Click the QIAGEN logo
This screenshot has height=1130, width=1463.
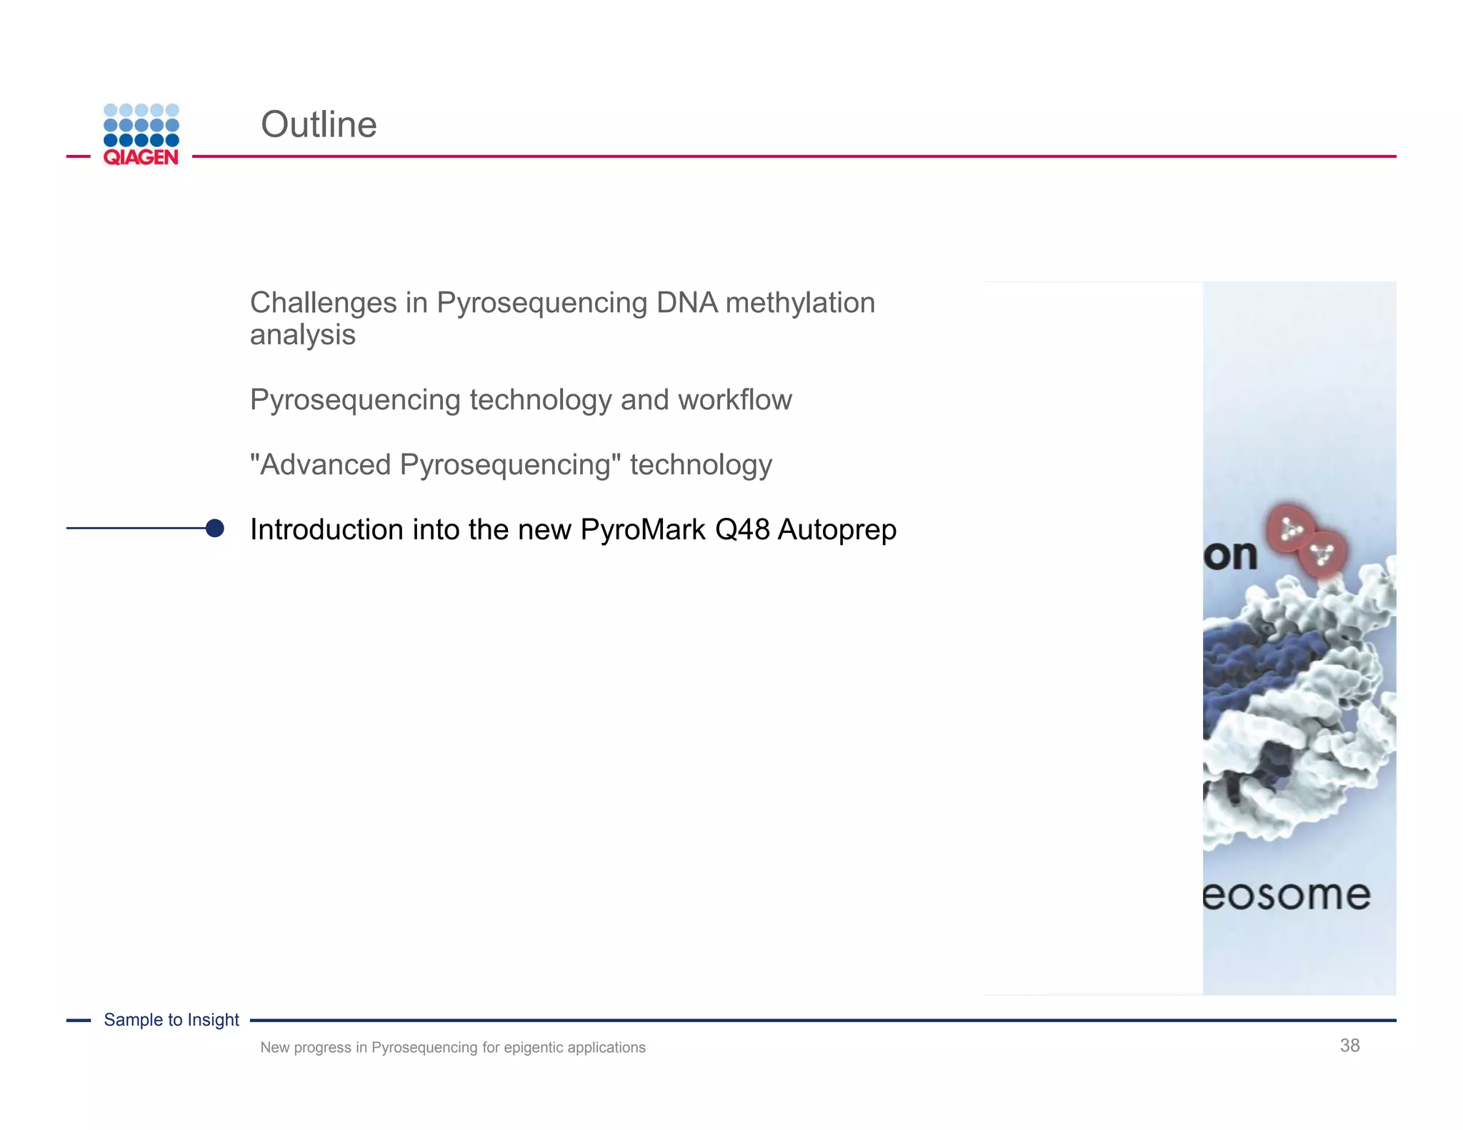141,135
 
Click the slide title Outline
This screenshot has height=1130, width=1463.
319,125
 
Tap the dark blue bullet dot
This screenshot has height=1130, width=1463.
214,528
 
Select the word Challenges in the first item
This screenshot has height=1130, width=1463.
323,303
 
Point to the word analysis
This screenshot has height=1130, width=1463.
303,335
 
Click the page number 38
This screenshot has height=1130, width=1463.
1349,1046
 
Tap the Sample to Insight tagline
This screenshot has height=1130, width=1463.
171,1020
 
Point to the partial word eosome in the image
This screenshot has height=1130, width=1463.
1287,895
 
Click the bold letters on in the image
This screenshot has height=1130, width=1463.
1230,556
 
